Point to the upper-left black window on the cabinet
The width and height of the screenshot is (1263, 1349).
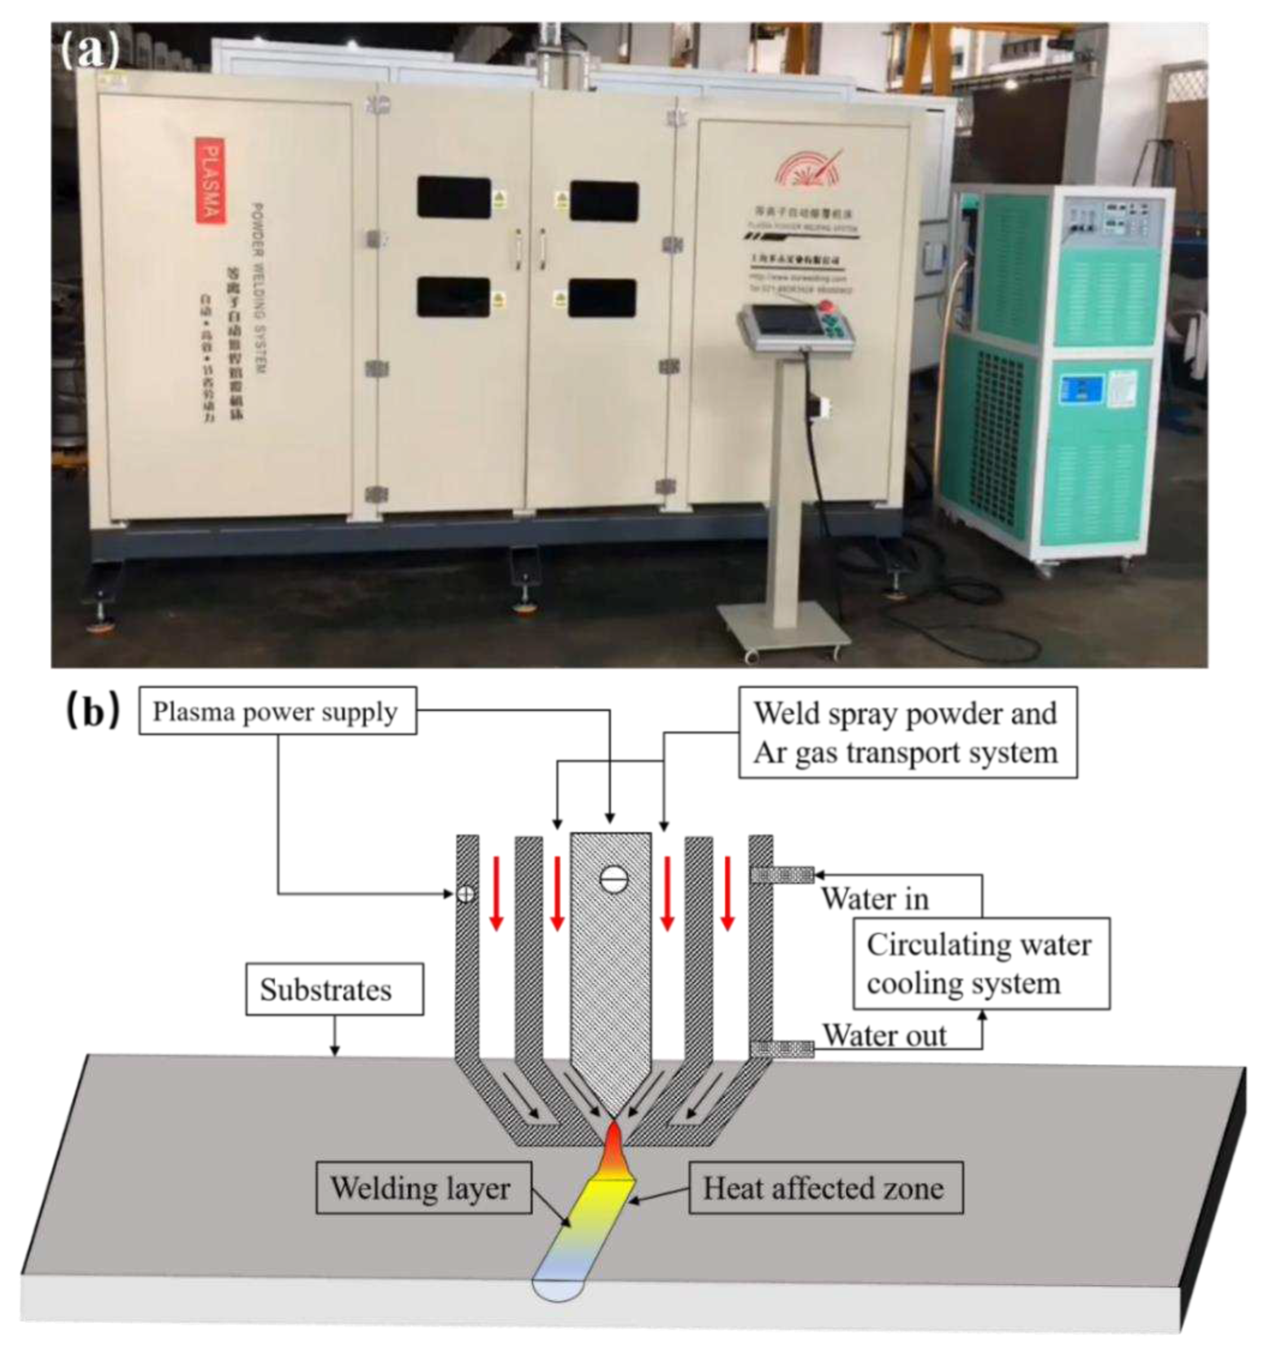pos(453,197)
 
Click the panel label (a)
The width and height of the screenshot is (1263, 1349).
pos(89,51)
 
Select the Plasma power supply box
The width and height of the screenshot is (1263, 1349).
pos(277,712)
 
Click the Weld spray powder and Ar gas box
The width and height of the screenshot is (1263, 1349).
pos(907,733)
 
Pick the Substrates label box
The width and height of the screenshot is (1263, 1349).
pos(334,990)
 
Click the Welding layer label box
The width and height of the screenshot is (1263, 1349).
pos(423,1189)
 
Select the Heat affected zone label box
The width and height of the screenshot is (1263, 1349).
pos(825,1189)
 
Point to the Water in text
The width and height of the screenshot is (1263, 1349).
pos(874,900)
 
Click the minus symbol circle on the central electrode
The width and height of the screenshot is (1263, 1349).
pos(613,880)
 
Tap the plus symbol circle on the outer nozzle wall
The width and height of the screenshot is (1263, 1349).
pos(465,894)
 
